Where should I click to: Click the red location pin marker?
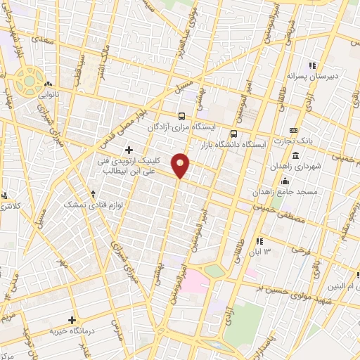tap(181, 165)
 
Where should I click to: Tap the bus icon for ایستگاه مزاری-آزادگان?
tap(182, 116)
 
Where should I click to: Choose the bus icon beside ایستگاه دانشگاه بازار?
tap(234, 132)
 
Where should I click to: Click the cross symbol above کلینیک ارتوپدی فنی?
tap(129, 149)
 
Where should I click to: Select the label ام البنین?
tap(340, 285)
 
